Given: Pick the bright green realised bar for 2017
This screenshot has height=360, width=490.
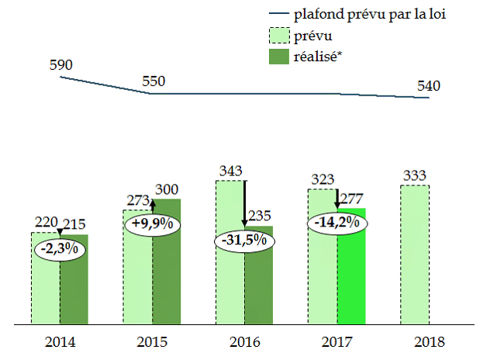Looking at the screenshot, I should [352, 272].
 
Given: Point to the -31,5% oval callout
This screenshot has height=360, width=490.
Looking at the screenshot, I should [244, 240].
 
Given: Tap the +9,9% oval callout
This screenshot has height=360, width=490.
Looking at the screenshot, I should [152, 223].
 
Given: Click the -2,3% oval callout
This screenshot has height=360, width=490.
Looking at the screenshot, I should [60, 250].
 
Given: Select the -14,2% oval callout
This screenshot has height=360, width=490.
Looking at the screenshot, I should [337, 223].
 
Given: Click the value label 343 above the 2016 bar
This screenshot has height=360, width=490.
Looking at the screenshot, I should [229, 171].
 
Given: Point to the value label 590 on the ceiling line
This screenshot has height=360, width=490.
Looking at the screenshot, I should [60, 65].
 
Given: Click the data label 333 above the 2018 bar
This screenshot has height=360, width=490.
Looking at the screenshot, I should [415, 175].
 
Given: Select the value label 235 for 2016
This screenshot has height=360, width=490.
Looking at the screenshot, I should [258, 216].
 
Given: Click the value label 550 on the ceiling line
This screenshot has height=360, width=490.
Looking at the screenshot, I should [153, 81].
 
